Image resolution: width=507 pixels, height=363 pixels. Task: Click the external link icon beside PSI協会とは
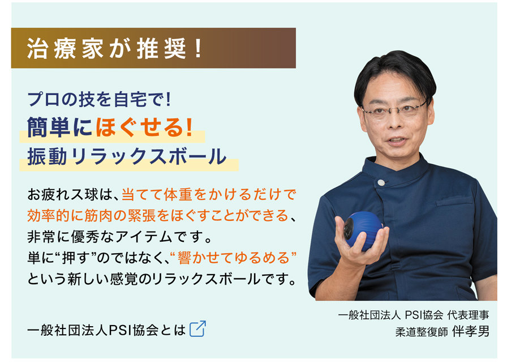[197, 329]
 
